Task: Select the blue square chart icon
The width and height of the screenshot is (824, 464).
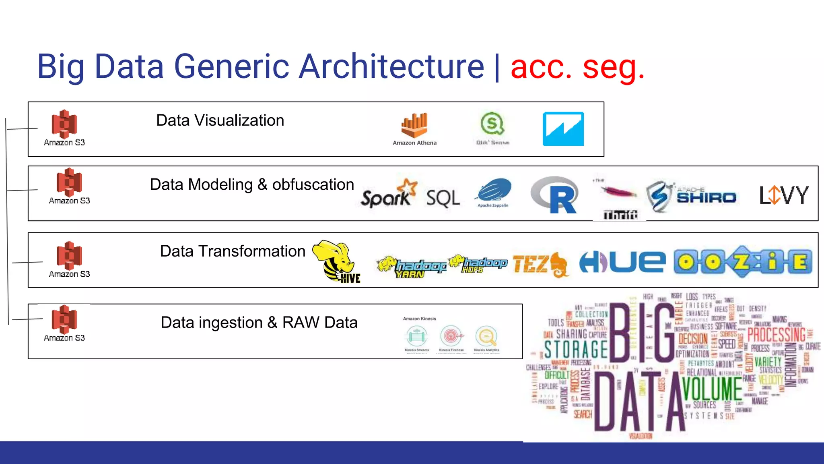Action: click(563, 129)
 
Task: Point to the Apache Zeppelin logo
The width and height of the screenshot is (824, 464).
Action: click(493, 191)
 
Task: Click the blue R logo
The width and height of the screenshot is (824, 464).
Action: click(556, 195)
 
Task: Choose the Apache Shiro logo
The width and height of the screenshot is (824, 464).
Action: click(691, 197)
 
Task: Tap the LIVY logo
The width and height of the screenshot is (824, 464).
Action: click(783, 195)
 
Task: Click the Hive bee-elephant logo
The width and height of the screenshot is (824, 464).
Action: click(336, 261)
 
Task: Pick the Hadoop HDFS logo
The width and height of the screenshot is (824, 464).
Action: click(478, 264)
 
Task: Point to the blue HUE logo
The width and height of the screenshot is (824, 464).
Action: click(622, 262)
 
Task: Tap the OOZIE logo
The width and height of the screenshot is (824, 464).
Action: click(743, 262)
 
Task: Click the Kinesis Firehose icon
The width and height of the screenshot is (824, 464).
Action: click(451, 336)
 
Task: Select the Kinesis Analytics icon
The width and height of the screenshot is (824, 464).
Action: click(486, 336)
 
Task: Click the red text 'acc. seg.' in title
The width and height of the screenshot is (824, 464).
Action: click(577, 67)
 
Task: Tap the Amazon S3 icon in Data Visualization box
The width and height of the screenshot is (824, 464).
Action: click(64, 124)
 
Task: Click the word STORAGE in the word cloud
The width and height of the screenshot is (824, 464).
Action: click(576, 350)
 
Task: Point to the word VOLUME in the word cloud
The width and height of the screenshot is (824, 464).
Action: click(712, 389)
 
